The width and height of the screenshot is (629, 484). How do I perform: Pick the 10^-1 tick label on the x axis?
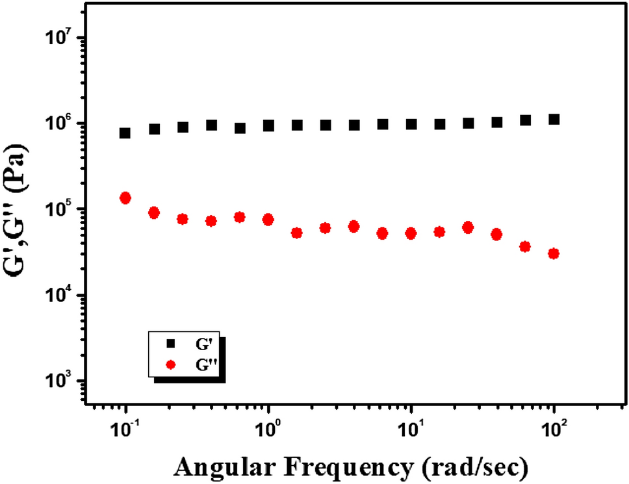click(x=125, y=429)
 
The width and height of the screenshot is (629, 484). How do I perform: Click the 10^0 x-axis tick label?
click(x=268, y=429)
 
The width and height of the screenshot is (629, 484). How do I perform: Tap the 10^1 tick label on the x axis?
click(x=411, y=429)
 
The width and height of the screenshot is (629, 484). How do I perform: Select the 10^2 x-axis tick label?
click(x=554, y=429)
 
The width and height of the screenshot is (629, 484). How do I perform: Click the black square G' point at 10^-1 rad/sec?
click(x=125, y=133)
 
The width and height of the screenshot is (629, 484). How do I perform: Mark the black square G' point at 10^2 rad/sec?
click(x=554, y=120)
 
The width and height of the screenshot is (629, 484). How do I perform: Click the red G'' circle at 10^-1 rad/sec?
click(x=125, y=198)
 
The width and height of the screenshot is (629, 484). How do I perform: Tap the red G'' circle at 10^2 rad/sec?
click(x=554, y=253)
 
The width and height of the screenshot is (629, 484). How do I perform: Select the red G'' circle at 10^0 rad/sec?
click(x=268, y=220)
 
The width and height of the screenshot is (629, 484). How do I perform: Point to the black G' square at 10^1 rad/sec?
click(x=411, y=124)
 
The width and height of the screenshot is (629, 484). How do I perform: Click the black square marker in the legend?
click(x=172, y=342)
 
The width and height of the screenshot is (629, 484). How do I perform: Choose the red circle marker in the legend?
click(x=172, y=366)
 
